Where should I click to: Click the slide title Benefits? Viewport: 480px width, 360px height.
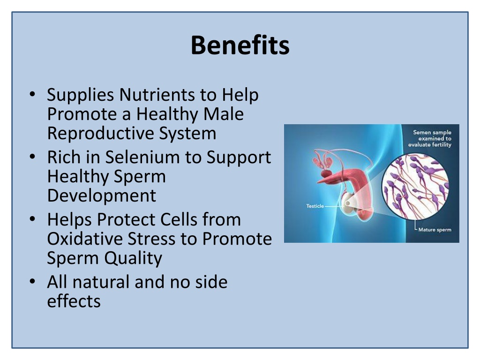pyautogui.click(x=240, y=46)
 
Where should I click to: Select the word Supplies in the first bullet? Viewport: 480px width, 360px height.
pyautogui.click(x=80, y=96)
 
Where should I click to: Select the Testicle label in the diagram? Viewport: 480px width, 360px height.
pyautogui.click(x=315, y=206)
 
